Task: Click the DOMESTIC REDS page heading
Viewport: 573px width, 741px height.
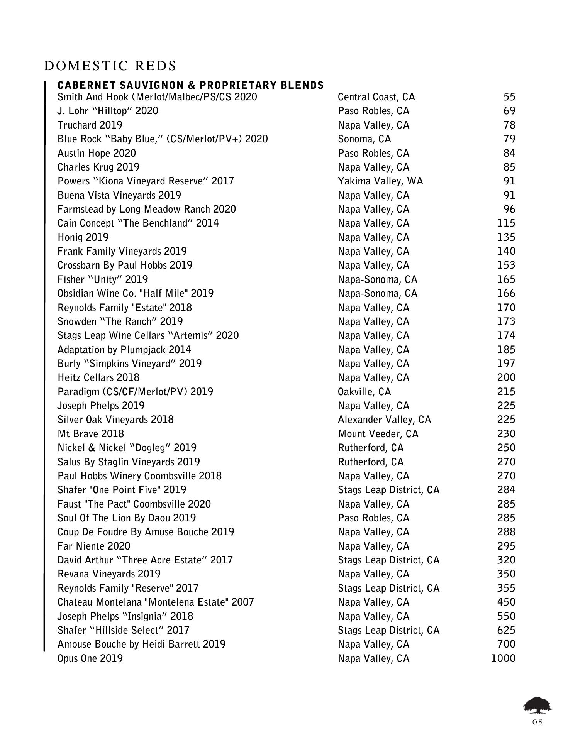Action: [x=110, y=66]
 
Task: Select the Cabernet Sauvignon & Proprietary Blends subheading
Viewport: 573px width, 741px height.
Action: [x=190, y=85]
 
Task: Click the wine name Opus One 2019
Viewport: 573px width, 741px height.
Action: [x=90, y=658]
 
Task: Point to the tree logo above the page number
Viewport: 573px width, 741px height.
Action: [x=537, y=705]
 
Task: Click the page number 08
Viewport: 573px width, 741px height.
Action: [x=537, y=722]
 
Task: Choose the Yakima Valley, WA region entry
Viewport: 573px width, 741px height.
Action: [x=380, y=181]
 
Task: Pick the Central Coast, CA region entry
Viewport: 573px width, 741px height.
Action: [x=376, y=97]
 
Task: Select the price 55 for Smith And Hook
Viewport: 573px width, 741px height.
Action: [x=509, y=97]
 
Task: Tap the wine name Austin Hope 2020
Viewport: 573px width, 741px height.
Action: [x=97, y=153]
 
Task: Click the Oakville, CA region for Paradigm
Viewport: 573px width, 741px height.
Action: [x=364, y=392]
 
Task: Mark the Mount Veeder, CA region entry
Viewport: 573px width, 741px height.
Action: [x=378, y=434]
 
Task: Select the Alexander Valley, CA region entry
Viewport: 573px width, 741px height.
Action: [x=384, y=420]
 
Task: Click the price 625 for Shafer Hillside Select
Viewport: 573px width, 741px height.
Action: [x=506, y=630]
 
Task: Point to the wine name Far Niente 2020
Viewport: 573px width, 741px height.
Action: [x=94, y=546]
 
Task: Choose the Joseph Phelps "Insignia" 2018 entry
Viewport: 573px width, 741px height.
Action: [x=125, y=616]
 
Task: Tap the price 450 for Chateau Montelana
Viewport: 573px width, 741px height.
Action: [x=506, y=602]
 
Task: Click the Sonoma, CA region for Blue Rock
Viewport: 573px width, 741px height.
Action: [x=364, y=139]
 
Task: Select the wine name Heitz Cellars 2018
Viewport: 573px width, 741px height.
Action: [x=98, y=377]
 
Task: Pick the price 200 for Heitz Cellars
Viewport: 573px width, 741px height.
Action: [x=506, y=377]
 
